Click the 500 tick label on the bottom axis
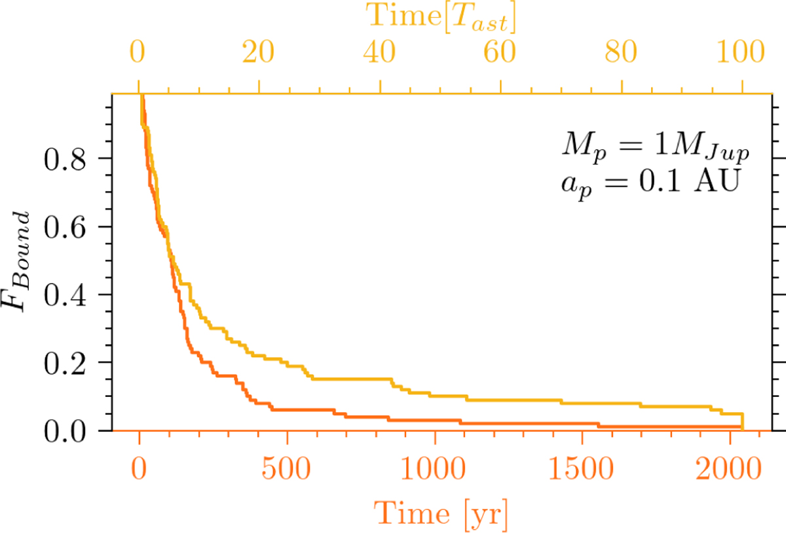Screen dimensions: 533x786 coord(286,468)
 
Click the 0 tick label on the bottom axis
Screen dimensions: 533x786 coord(139,468)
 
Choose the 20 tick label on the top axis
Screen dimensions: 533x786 coord(259,52)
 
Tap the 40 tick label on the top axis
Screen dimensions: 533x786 coord(379,52)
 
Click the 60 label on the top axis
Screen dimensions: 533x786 coord(500,52)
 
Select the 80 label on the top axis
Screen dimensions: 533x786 coord(621,52)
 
